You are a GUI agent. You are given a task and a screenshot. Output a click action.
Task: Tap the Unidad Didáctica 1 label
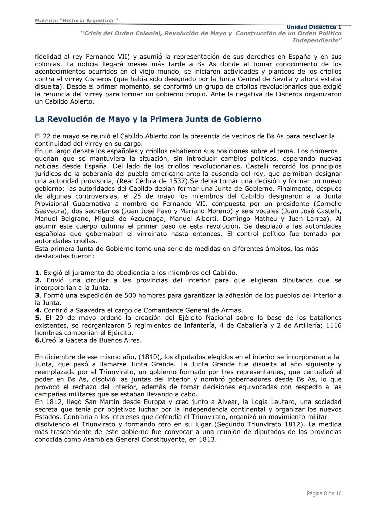pyautogui.click(x=313, y=27)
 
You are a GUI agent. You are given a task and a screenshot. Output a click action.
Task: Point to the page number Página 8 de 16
pyautogui.click(x=324, y=493)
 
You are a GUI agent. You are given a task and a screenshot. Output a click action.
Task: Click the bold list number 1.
pyautogui.click(x=38, y=273)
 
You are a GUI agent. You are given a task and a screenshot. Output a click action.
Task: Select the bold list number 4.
pyautogui.click(x=38, y=310)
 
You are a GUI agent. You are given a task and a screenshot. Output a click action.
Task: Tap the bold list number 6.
pyautogui.click(x=38, y=340)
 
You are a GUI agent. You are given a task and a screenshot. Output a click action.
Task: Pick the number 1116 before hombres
pyautogui.click(x=334, y=325)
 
